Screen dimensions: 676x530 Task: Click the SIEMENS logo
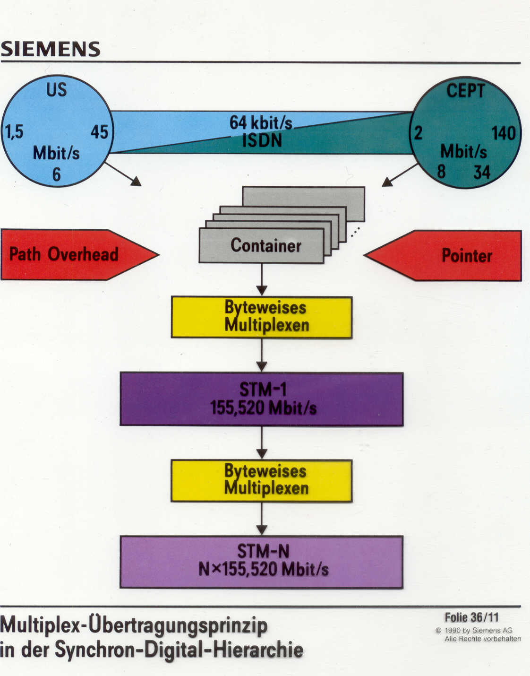click(51, 49)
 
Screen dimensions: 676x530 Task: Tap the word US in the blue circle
click(57, 90)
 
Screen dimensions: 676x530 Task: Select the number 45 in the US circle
click(99, 132)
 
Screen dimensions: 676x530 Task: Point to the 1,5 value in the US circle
click(14, 131)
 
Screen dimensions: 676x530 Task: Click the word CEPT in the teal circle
click(466, 91)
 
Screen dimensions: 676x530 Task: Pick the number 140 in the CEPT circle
click(503, 133)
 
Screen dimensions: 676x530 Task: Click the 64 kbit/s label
click(261, 123)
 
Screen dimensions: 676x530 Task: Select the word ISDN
click(262, 140)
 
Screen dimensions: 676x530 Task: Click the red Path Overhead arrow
click(71, 254)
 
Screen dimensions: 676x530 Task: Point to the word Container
click(266, 245)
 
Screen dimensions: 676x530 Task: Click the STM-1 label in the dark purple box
click(263, 390)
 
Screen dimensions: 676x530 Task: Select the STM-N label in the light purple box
click(263, 551)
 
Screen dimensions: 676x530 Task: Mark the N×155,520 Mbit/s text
click(263, 569)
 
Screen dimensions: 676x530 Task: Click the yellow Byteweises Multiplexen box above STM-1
click(262, 317)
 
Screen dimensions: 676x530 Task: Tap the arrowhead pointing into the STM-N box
click(262, 529)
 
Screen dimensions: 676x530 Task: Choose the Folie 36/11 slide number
click(471, 617)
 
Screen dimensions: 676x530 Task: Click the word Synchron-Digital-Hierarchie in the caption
click(180, 650)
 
